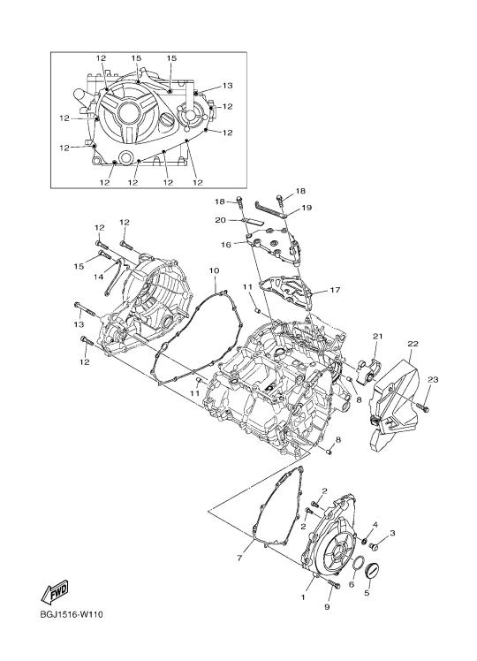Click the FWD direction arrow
[x=55, y=591]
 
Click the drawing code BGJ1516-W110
[x=72, y=614]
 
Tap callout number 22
[x=413, y=344]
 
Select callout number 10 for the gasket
[x=214, y=270]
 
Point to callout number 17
[x=335, y=290]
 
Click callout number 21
[x=377, y=336]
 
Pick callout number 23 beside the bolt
[x=433, y=379]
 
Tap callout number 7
[x=239, y=558]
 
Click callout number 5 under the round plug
[x=367, y=593]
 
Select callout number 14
[x=98, y=277]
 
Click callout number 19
[x=307, y=208]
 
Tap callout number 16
[x=226, y=245]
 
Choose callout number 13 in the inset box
[x=227, y=86]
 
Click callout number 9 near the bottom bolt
[x=327, y=606]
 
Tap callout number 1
[x=303, y=596]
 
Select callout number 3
[x=392, y=533]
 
